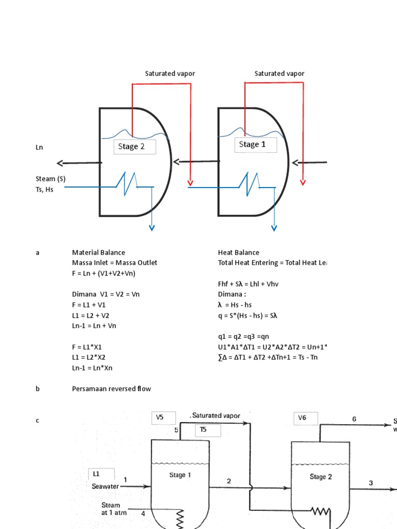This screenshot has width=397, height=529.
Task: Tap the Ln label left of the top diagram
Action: click(x=39, y=148)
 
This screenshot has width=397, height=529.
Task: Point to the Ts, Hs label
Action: click(x=44, y=190)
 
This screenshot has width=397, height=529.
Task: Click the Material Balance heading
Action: click(x=98, y=253)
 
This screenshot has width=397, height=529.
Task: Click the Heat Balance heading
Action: click(x=239, y=253)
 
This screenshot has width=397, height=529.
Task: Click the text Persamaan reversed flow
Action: click(x=111, y=388)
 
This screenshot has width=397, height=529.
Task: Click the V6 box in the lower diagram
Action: click(x=306, y=417)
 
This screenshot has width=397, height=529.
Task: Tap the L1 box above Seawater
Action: click(x=101, y=474)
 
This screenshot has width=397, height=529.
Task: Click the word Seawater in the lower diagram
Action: click(x=105, y=486)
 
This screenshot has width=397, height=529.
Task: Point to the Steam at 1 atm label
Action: click(x=111, y=509)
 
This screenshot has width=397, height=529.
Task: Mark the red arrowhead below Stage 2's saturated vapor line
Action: click(x=190, y=182)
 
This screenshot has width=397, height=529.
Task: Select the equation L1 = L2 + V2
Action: click(x=94, y=315)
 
